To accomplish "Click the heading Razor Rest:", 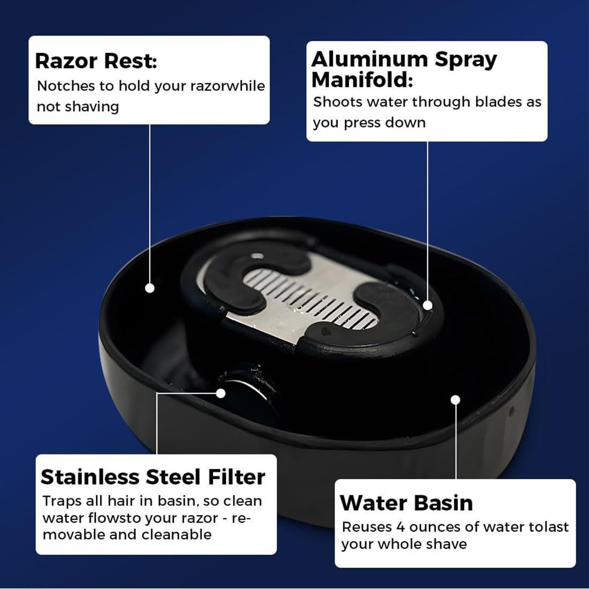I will (96, 62).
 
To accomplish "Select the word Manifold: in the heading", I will (363, 80).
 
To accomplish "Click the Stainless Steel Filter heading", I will (153, 477).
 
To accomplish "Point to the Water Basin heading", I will (406, 503).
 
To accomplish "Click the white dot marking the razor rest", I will (150, 288).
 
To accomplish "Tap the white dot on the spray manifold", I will (427, 305).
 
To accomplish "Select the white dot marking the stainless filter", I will (221, 392).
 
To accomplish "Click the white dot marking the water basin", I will (456, 399).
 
